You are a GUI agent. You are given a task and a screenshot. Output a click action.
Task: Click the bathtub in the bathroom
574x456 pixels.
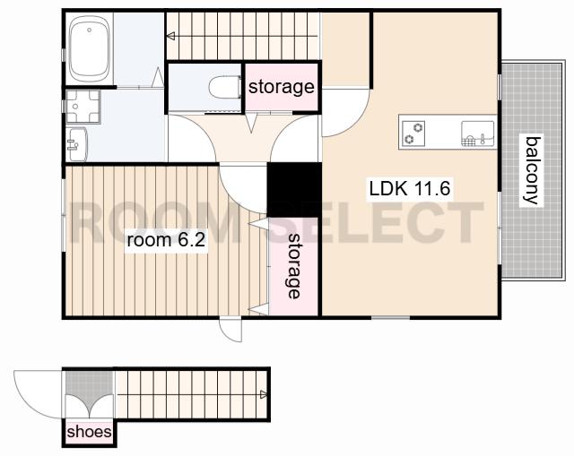90,49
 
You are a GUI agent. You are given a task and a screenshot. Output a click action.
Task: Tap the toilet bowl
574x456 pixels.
225,87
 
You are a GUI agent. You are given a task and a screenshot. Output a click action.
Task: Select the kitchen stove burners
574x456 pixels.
413,133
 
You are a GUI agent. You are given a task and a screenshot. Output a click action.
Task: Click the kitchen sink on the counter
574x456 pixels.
478,133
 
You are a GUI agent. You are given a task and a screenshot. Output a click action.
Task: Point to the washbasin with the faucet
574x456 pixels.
77,144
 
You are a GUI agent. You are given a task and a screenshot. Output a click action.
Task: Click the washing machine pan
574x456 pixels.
83,107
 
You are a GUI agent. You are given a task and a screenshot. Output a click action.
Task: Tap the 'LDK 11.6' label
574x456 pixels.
410,189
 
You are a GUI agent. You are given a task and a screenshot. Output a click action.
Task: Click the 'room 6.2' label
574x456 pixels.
166,240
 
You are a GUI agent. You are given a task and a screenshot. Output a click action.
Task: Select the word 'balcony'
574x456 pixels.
532,170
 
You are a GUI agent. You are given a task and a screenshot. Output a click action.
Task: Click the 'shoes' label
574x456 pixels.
89,432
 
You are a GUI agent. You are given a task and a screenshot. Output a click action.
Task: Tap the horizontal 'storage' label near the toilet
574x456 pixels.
281,87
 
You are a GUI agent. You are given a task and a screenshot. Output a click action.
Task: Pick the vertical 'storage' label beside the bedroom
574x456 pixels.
294,266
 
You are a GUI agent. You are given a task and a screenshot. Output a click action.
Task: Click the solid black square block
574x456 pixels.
294,189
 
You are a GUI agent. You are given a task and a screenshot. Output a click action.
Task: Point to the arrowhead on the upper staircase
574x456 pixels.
170,36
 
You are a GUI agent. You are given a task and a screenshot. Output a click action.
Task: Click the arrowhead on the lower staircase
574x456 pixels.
264,394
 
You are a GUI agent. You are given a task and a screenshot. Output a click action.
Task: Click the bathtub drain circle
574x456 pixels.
90,30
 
